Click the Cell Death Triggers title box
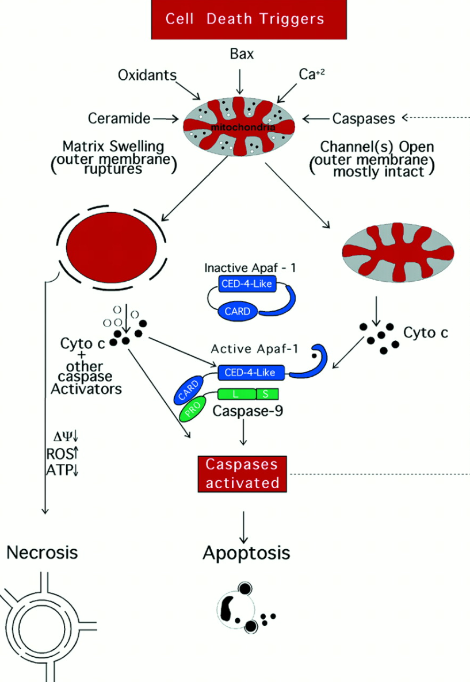pos(248,18)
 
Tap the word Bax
pos(242,55)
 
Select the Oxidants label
pos(147,75)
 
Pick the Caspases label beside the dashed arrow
pos(364,118)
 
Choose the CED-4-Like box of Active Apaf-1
pos(251,373)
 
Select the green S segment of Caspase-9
pos(264,394)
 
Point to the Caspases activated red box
pos(242,474)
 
